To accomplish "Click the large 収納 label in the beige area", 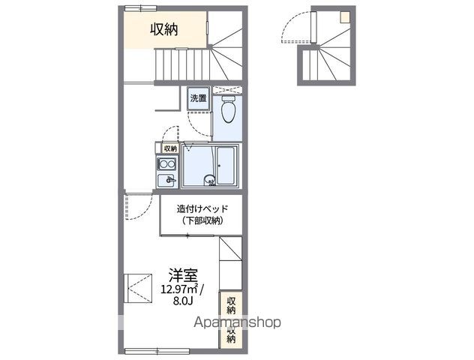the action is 164,29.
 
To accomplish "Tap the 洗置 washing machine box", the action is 198,98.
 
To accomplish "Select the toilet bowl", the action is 228,109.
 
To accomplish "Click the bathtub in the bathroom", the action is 226,165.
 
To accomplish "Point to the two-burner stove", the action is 166,164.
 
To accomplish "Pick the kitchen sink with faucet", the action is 166,181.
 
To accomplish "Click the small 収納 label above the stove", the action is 170,148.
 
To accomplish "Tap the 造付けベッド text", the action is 202,208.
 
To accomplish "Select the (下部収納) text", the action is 202,221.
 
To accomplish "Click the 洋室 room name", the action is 183,275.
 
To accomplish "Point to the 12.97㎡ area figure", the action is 180,289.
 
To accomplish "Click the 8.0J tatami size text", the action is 183,301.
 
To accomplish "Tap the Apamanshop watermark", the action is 237,322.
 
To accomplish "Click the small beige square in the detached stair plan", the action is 344,17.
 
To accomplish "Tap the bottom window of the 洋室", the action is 157,351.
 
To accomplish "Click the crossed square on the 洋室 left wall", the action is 138,288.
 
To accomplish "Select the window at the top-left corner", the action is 140,8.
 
